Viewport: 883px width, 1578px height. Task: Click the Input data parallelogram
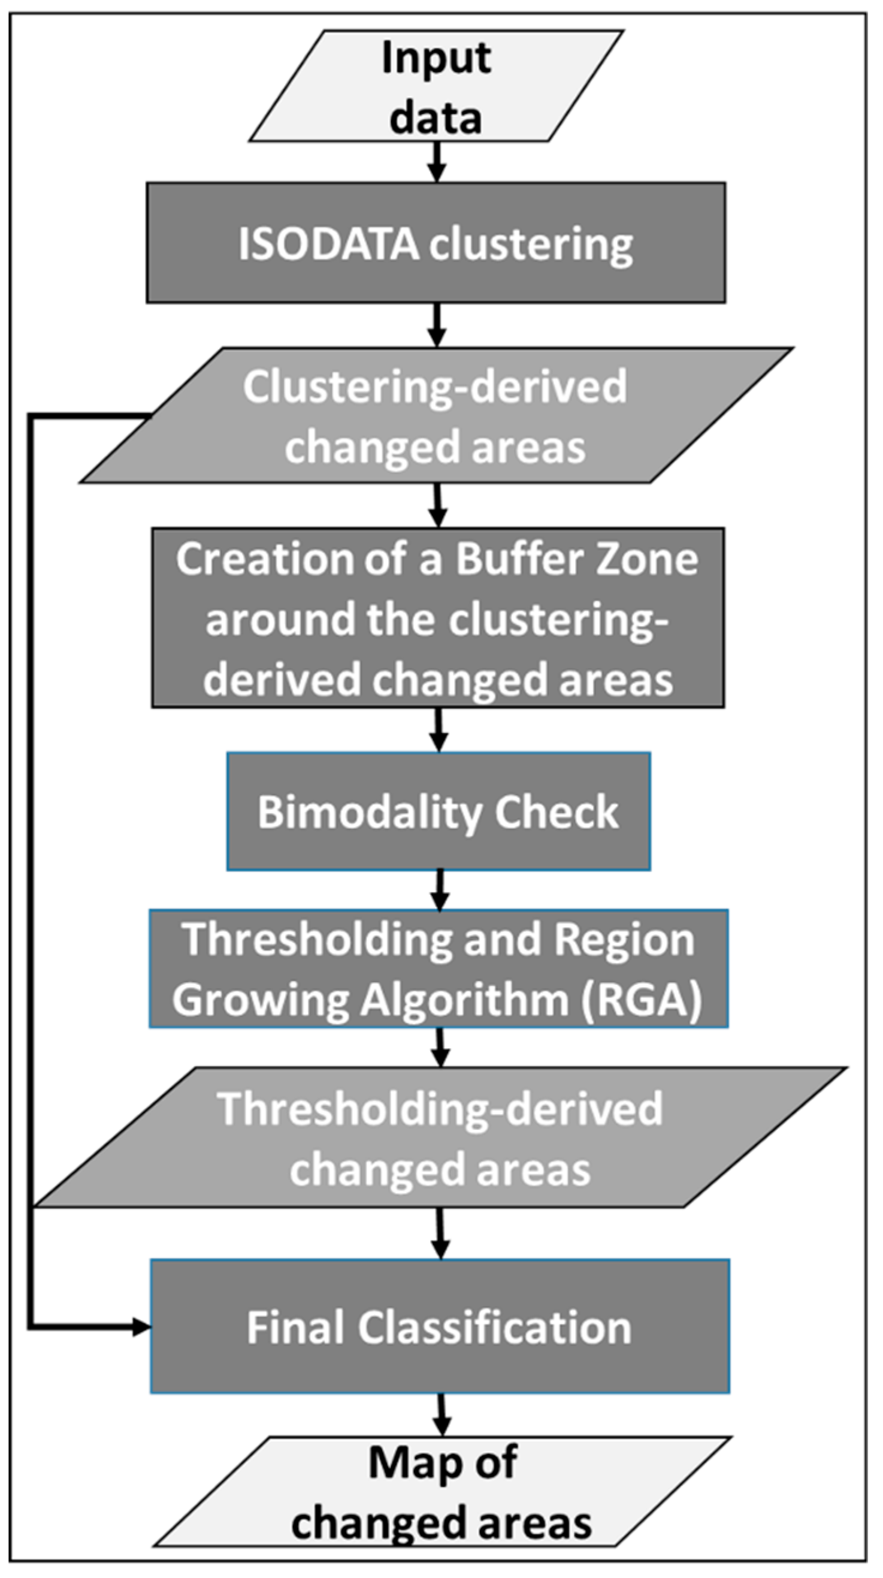click(x=436, y=86)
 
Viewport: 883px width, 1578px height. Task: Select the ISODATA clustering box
click(x=436, y=243)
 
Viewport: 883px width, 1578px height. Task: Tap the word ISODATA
click(x=328, y=245)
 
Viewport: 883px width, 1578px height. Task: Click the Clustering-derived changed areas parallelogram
click(x=436, y=416)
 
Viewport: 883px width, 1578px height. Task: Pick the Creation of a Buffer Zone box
click(x=439, y=618)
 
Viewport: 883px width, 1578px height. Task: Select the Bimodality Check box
click(x=439, y=811)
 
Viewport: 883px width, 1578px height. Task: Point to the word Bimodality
click(x=370, y=813)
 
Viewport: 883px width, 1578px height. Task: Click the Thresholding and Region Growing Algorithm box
click(x=439, y=968)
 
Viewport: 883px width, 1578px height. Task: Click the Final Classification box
click(x=440, y=1327)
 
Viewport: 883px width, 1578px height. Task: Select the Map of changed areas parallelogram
click(x=442, y=1492)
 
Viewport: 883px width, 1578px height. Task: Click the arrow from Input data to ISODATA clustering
click(x=436, y=162)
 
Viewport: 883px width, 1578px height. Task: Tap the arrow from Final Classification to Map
click(x=441, y=1414)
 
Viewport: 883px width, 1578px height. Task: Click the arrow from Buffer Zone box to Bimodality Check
click(x=439, y=729)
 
